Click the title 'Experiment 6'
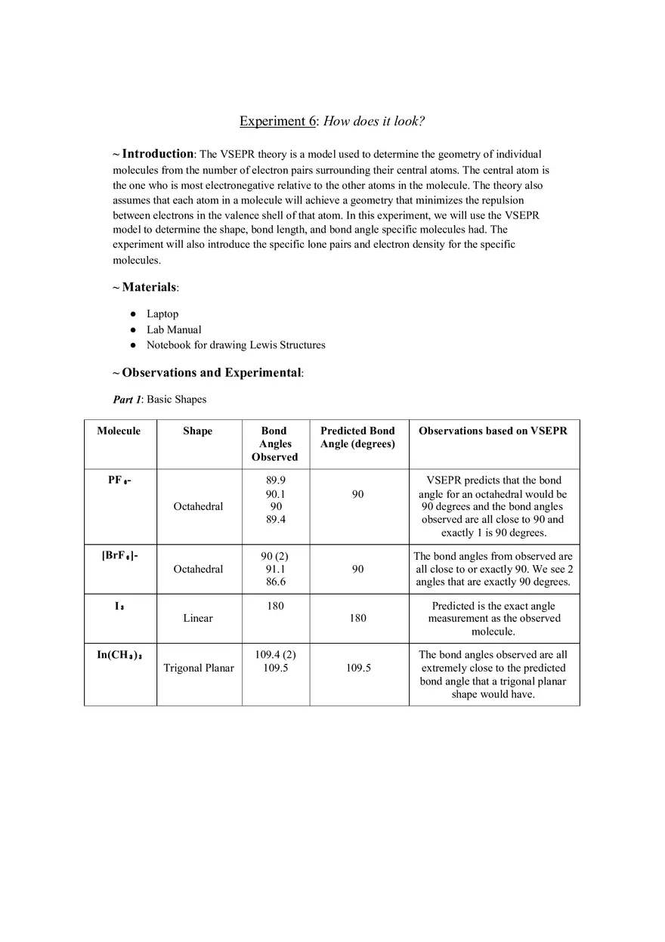click(277, 122)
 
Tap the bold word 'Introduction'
click(158, 154)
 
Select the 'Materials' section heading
click(149, 287)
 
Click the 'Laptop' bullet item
click(162, 313)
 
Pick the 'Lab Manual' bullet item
click(174, 329)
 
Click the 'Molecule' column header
click(119, 431)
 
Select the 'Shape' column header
click(197, 431)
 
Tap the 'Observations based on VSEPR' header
click(493, 431)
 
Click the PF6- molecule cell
click(119, 480)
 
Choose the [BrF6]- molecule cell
click(119, 556)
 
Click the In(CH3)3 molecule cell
click(119, 655)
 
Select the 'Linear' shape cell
click(198, 618)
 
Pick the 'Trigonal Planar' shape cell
click(199, 668)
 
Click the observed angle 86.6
click(275, 582)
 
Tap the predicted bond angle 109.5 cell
click(357, 668)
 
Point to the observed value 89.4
click(275, 520)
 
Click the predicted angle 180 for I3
click(357, 618)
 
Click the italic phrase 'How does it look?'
click(374, 122)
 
